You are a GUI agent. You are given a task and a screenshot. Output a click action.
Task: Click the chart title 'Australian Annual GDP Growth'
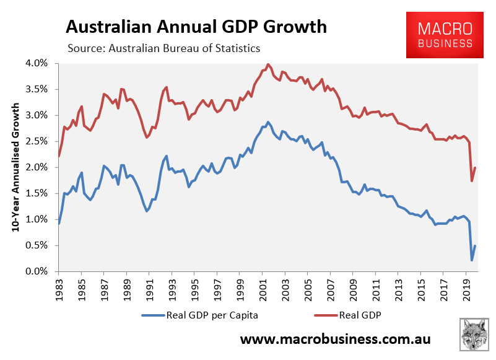pyautogui.click(x=196, y=27)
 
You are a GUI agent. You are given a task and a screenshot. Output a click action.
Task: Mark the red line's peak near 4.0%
pyautogui.click(x=268, y=64)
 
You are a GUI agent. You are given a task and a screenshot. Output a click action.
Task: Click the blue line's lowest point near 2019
pyautogui.click(x=472, y=260)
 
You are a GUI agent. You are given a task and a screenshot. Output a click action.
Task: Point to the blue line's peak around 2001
pyautogui.click(x=268, y=122)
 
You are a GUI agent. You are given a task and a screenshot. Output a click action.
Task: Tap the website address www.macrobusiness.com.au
pyautogui.click(x=335, y=340)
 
